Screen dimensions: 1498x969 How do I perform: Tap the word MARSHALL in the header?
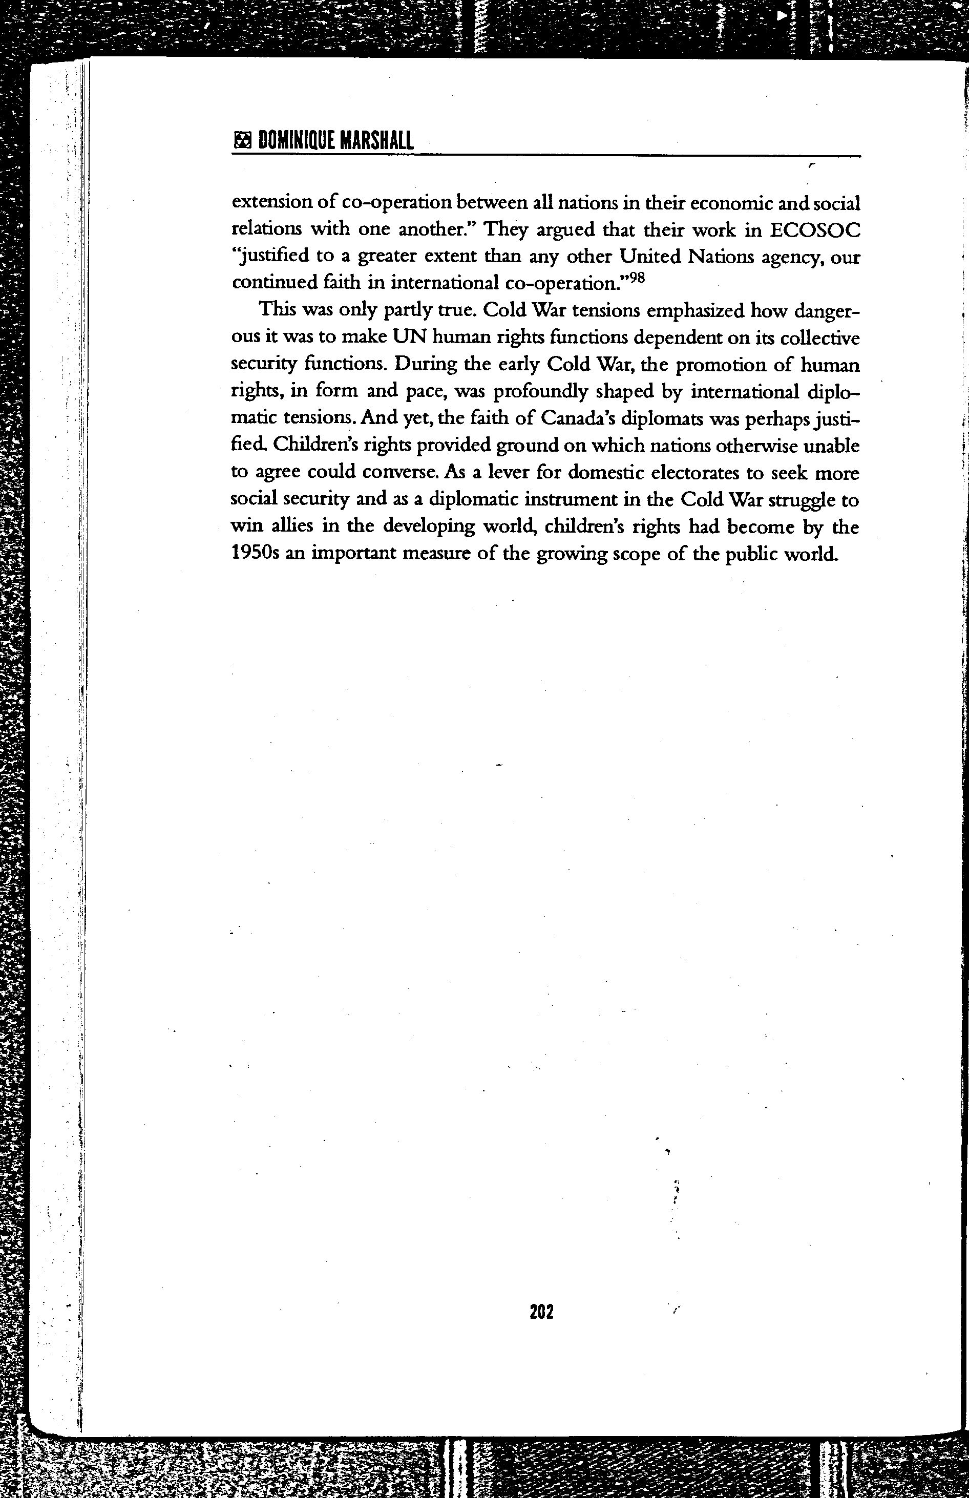tap(376, 141)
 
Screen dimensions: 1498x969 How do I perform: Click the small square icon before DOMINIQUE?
tap(242, 141)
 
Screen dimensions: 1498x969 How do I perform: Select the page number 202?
tap(541, 1311)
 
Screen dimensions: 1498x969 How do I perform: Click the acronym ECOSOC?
tap(815, 230)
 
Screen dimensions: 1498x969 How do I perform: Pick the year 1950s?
tap(254, 553)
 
